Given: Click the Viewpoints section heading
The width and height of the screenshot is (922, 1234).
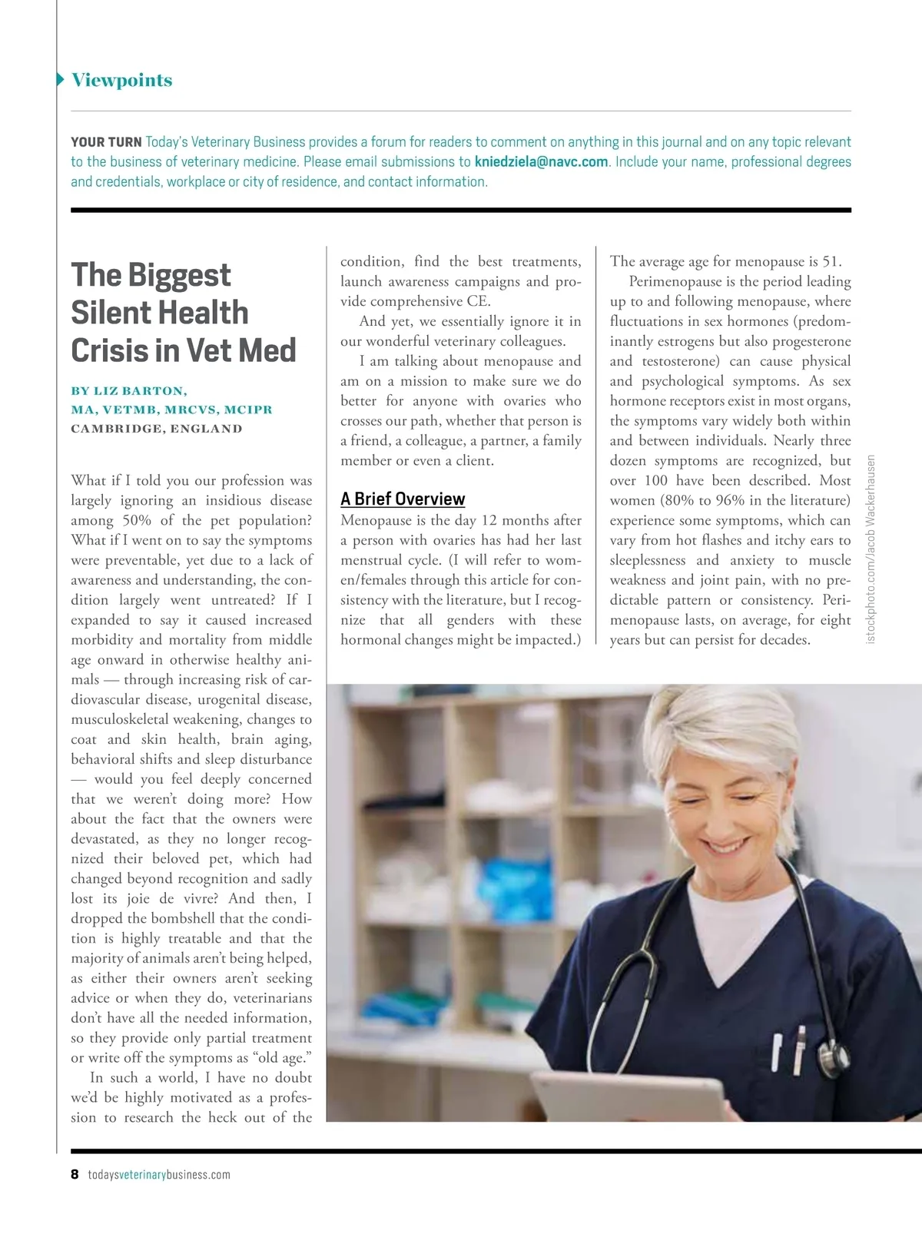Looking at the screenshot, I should pos(121,80).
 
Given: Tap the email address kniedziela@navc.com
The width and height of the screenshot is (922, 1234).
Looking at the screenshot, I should pos(541,162).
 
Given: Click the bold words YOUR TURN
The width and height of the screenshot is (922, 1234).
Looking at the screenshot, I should pos(106,142).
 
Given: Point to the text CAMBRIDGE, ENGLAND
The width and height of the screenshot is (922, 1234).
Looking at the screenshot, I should pos(156,429).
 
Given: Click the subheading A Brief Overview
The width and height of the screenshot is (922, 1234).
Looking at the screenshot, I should pos(403,499).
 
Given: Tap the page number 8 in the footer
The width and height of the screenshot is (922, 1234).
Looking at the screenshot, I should pos(75,1174).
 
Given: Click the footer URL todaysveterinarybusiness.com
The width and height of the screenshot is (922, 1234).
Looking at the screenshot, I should pos(159,1175).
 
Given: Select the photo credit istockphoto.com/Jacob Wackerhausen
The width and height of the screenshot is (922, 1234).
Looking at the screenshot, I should pos(871,549).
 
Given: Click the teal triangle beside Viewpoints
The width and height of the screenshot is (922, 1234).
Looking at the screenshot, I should pos(61,80).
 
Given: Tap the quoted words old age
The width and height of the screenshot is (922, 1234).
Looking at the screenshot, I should pos(281,1058).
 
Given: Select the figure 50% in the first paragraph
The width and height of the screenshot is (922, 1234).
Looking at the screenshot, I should pos(136,521).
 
